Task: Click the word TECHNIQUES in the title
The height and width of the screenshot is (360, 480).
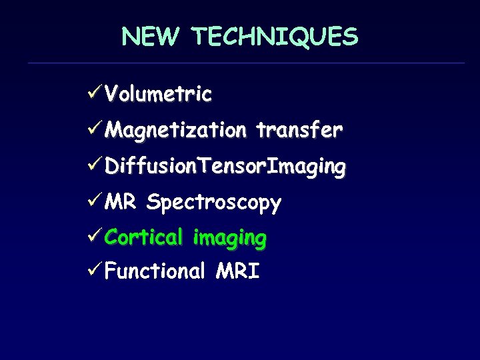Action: tap(275, 37)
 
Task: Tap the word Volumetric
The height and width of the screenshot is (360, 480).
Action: tap(159, 94)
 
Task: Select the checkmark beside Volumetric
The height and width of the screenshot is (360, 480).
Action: tap(95, 93)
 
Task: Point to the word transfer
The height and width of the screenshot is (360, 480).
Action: tap(300, 129)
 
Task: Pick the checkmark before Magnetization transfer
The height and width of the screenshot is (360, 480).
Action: tap(95, 129)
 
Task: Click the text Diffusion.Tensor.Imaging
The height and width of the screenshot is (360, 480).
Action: tap(225, 166)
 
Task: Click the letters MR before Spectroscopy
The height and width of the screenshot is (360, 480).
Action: tap(121, 201)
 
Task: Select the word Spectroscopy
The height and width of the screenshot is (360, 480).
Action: tap(214, 203)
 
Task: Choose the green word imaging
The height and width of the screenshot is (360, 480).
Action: tap(229, 238)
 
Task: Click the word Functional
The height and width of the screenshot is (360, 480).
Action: tap(155, 271)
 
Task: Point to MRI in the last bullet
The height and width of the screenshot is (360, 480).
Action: tap(238, 271)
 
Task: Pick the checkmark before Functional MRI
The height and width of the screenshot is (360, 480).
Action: tap(95, 271)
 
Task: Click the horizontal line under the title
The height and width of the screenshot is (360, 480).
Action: tap(246, 63)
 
